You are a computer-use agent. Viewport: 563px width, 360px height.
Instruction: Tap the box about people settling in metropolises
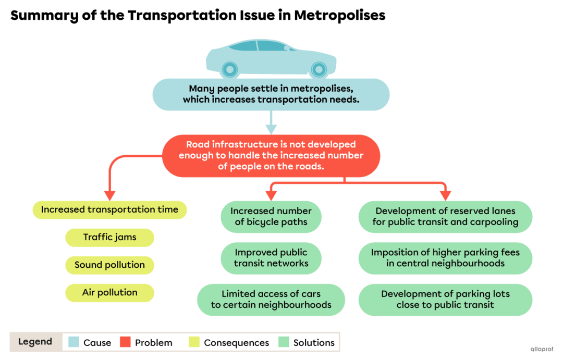pyautogui.click(x=271, y=94)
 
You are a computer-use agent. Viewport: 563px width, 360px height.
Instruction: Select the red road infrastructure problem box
pyautogui.click(x=271, y=156)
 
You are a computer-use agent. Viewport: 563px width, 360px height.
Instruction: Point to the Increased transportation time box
pyautogui.click(x=109, y=210)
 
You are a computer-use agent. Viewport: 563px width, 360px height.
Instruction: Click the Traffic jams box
pyautogui.click(x=109, y=238)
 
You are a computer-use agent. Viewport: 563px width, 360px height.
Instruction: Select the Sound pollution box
pyautogui.click(x=109, y=265)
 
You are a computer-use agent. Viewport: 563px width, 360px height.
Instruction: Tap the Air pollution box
pyautogui.click(x=109, y=293)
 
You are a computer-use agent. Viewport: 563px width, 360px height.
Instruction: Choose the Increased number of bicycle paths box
pyautogui.click(x=271, y=217)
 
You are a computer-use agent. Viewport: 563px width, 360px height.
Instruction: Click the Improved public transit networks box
pyautogui.click(x=271, y=258)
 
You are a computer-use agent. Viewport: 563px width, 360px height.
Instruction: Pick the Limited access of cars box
pyautogui.click(x=271, y=300)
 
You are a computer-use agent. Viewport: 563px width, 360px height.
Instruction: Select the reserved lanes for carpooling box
pyautogui.click(x=445, y=217)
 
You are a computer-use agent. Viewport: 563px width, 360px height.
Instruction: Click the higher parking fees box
pyautogui.click(x=445, y=258)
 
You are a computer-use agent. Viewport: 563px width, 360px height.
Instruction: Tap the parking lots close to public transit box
pyautogui.click(x=445, y=300)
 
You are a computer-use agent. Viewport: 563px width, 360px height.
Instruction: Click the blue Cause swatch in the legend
pyautogui.click(x=74, y=342)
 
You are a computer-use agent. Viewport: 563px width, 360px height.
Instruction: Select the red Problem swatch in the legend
pyautogui.click(x=125, y=342)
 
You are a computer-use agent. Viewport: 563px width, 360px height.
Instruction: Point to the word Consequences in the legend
pyautogui.click(x=236, y=343)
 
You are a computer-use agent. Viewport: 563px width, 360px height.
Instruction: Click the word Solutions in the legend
pyautogui.click(x=314, y=343)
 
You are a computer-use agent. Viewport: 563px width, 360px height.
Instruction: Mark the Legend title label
pyautogui.click(x=35, y=342)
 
